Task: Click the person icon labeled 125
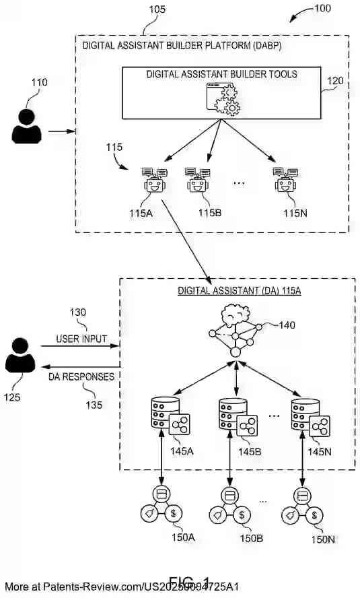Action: click(20, 356)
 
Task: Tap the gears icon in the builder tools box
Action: click(223, 100)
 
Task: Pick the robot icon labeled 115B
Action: click(197, 180)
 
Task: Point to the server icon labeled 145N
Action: click(309, 418)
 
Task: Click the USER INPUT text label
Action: click(81, 339)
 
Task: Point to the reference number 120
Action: click(335, 81)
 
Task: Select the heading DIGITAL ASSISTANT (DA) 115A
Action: click(238, 292)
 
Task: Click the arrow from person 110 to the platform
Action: click(61, 131)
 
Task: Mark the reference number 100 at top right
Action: click(322, 9)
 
